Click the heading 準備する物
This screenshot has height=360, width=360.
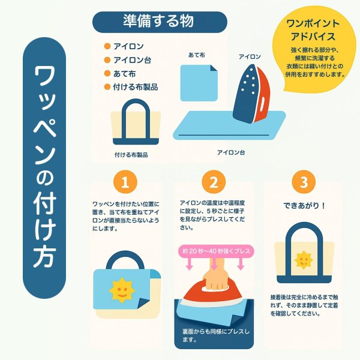click(158, 20)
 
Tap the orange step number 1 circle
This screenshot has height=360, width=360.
click(125, 181)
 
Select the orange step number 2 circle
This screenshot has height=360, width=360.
click(213, 181)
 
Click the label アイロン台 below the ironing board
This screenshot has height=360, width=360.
click(231, 153)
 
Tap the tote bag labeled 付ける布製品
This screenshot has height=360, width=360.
click(131, 123)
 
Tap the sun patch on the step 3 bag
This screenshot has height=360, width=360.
click(304, 260)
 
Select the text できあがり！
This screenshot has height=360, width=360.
click(304, 205)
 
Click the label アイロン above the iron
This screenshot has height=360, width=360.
click(250, 56)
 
